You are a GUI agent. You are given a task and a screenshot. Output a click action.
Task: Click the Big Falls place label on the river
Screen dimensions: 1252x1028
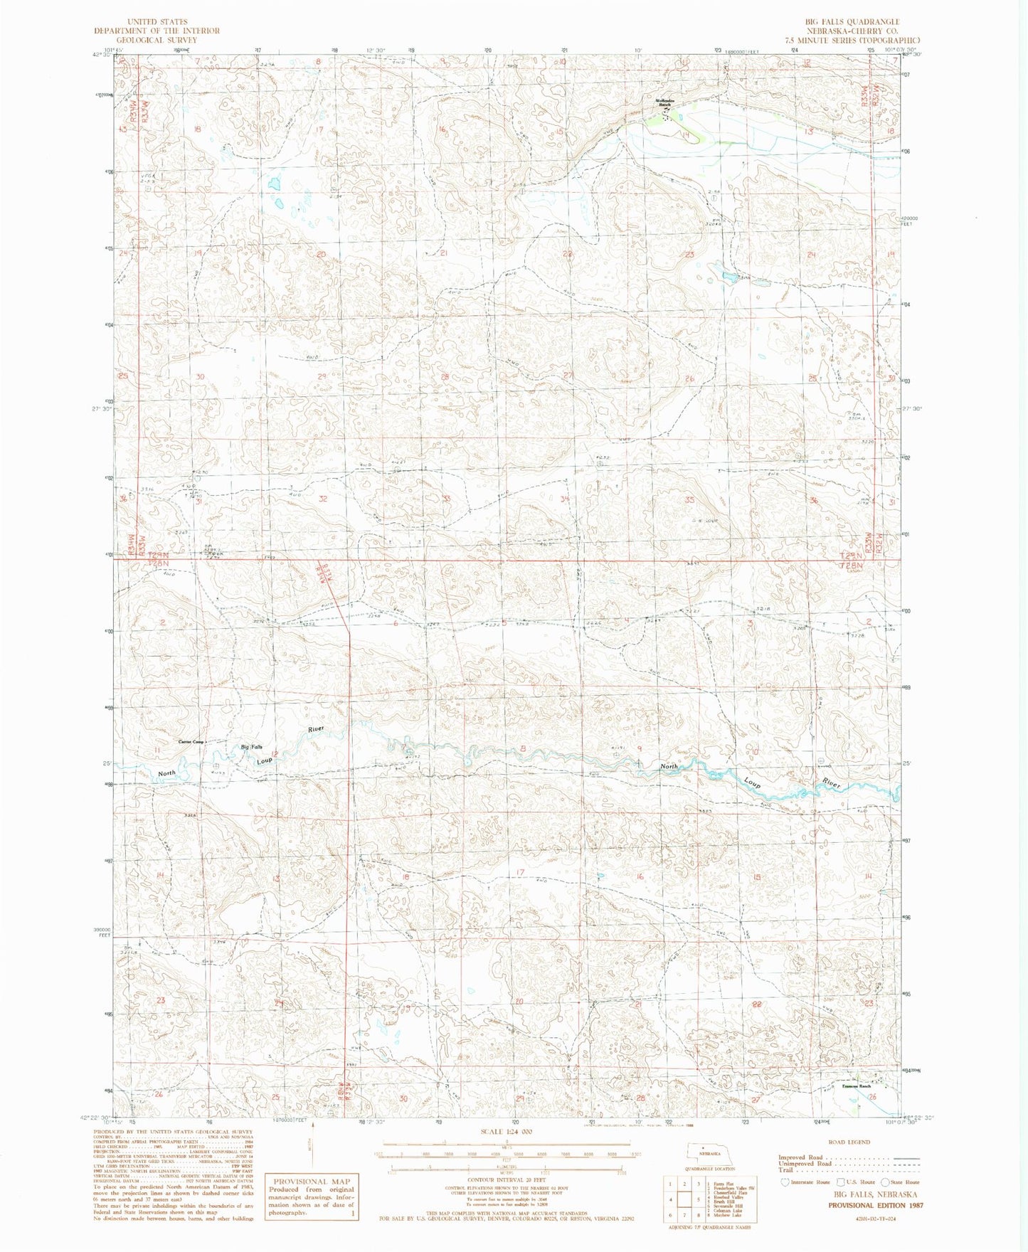(x=251, y=747)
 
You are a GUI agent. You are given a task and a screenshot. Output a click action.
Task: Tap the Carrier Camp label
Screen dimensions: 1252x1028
(x=190, y=742)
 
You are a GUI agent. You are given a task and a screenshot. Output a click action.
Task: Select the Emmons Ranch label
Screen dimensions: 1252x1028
(x=857, y=1086)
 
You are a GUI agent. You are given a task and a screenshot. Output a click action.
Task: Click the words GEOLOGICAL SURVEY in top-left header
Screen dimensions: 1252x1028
(x=157, y=40)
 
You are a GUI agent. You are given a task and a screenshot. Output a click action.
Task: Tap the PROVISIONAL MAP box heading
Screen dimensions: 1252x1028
(x=309, y=1181)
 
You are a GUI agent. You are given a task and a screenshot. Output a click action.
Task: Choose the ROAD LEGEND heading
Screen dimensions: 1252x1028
(x=849, y=1142)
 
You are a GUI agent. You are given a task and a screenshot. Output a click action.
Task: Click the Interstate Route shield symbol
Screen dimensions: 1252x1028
(x=786, y=1182)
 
